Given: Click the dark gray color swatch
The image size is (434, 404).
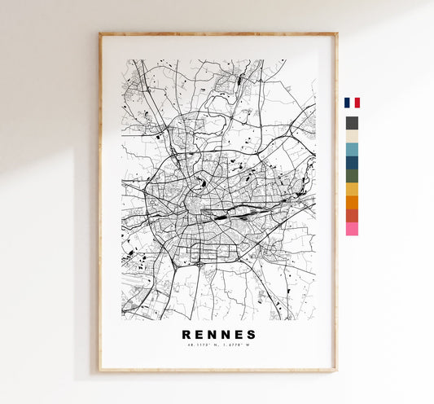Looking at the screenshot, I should [x=352, y=123].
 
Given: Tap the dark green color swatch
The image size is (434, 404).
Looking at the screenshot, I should [x=352, y=176].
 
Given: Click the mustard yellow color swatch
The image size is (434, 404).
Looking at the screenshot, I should [x=352, y=189].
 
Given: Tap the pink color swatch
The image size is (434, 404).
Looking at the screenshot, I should [x=352, y=229].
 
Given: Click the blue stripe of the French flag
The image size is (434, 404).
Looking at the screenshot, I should [x=347, y=103].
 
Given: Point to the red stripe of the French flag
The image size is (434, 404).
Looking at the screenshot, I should [x=357, y=103].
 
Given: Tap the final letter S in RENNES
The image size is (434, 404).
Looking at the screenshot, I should [x=252, y=335].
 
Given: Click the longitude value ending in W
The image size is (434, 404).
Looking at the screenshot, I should [x=235, y=346].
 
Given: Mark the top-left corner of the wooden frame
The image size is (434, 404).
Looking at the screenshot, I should [x=100, y=34].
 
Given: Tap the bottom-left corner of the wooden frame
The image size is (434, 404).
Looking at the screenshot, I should [x=100, y=371].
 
